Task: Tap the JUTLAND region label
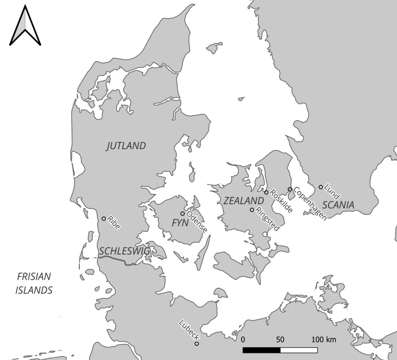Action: click(126, 146)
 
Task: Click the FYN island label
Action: click(180, 223)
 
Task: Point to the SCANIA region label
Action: click(338, 204)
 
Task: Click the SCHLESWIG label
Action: click(124, 250)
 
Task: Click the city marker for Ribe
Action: click(104, 219)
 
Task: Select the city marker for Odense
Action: click(182, 213)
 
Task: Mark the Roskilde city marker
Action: click(266, 192)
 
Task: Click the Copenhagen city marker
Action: click(290, 189)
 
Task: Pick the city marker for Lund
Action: click(321, 187)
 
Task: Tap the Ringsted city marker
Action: click(252, 210)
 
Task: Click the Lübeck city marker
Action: click(197, 344)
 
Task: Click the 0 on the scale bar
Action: click(243, 340)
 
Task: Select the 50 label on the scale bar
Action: click(280, 340)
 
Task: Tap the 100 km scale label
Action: click(323, 340)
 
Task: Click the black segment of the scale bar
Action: click(262, 350)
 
